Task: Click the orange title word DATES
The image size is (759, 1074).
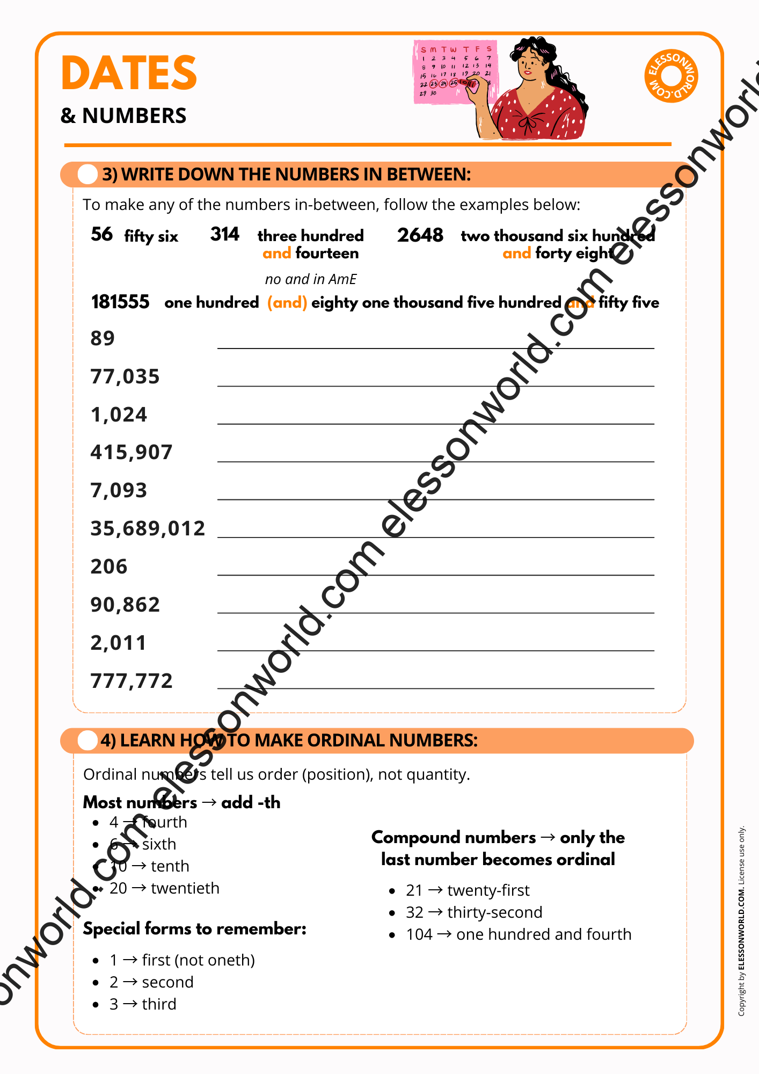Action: [x=129, y=73]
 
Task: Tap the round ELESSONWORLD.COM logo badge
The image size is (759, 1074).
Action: [x=671, y=76]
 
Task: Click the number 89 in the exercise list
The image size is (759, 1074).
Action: [x=103, y=338]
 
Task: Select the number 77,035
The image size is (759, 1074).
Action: [x=125, y=376]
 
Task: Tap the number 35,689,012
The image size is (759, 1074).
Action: [x=148, y=528]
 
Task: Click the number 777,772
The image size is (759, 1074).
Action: [x=132, y=681]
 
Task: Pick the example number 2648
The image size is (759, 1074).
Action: [x=420, y=235]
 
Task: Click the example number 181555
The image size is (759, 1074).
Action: [x=120, y=302]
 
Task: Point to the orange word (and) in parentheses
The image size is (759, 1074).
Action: [x=287, y=302]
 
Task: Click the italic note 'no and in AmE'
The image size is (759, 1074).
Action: [x=311, y=279]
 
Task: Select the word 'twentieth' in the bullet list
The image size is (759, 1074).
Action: [x=185, y=888]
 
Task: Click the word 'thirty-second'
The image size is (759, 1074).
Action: [x=495, y=912]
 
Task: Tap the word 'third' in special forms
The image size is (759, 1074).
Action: [x=159, y=1004]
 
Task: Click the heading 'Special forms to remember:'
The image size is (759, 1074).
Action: [x=194, y=928]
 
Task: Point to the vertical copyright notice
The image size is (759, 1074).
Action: [x=741, y=921]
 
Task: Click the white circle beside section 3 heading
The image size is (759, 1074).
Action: [x=87, y=175]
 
